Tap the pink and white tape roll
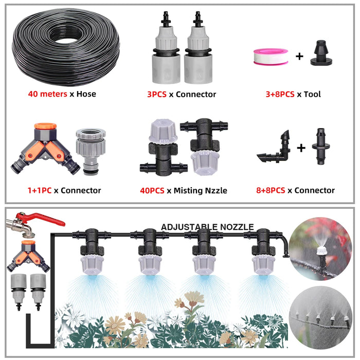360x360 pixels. coord(271,57)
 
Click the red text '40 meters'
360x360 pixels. coord(47,94)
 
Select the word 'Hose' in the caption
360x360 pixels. coord(86,94)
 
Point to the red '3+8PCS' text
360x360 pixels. coord(280,94)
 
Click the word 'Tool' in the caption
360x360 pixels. coord(312,94)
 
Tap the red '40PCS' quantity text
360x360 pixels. coord(152,191)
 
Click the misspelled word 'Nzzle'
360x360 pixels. coord(216,191)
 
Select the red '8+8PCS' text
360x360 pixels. coord(271,190)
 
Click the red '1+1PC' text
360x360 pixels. coord(39,190)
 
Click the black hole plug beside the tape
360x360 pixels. coord(321,53)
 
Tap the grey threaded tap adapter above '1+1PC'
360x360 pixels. coord(91,150)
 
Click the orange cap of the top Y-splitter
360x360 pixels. coord(45,126)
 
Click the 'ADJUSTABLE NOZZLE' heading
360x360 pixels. coord(207,227)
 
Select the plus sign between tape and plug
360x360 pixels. coord(299,56)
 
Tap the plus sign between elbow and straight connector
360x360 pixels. coord(301,148)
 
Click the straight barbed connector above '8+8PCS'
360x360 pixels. coord(321,146)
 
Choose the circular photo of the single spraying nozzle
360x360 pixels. coord(320,249)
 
